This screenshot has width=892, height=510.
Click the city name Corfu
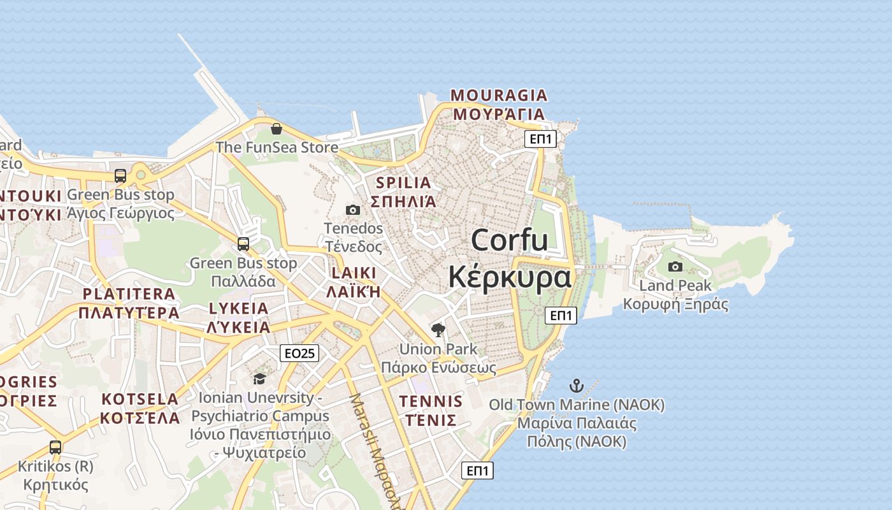[x=510, y=240]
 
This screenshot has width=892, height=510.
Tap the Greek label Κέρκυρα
[x=510, y=277]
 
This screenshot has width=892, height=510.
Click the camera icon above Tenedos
[x=352, y=210]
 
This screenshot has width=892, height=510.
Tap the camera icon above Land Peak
[x=675, y=266]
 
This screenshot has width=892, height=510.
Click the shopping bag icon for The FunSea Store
[x=277, y=129]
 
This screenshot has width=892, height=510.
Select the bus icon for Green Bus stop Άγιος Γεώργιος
[x=120, y=175]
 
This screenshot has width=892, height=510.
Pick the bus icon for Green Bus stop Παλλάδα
[x=243, y=244]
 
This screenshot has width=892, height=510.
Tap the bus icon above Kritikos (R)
[x=55, y=447]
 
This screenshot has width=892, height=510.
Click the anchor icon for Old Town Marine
[x=576, y=386]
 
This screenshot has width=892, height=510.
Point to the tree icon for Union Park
[x=438, y=330]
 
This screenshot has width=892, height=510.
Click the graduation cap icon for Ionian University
[x=259, y=379]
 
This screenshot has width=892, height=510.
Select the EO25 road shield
[x=299, y=353]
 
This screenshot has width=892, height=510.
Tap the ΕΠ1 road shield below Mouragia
[x=540, y=139]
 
